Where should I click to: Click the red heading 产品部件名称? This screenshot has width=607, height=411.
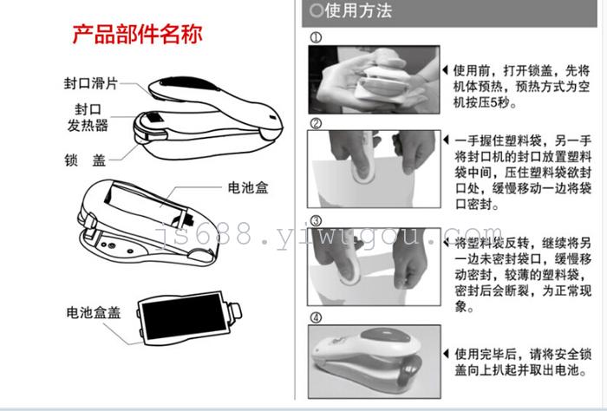137,34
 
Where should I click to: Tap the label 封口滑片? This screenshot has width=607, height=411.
90,83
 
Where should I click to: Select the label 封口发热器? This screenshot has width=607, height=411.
88,117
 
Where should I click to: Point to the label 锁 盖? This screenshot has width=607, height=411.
85,160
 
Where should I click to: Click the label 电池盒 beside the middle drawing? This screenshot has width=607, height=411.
248,187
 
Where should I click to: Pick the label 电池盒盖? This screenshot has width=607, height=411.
94,312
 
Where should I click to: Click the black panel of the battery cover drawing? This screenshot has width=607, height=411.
185,316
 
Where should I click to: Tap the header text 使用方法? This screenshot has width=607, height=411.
358,10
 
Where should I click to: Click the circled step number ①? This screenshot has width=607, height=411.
316,37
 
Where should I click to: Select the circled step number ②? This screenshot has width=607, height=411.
316,123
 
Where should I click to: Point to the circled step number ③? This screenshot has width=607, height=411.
316,221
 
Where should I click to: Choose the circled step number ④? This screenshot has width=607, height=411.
316,318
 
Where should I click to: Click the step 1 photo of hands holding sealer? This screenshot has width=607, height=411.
374,79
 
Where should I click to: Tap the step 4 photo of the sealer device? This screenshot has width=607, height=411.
375,362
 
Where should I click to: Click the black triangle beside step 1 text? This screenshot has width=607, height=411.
446,70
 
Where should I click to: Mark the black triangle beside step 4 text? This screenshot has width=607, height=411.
446,353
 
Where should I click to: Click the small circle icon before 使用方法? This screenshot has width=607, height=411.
317,10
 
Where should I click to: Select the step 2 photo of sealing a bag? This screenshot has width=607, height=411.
374,169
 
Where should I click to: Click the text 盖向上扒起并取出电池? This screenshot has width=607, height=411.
520,370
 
